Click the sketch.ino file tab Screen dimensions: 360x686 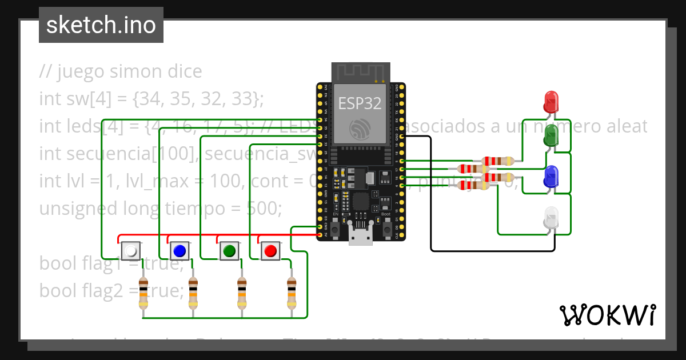click(101, 25)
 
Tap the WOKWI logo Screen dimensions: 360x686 click(607, 315)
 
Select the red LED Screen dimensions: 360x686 click(551, 101)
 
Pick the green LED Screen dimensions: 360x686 click(551, 135)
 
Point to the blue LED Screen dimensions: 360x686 click(551, 177)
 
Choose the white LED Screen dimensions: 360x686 click(551, 218)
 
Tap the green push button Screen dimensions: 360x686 click(229, 250)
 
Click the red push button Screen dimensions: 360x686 click(270, 250)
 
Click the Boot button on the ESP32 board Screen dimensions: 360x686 click(387, 229)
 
